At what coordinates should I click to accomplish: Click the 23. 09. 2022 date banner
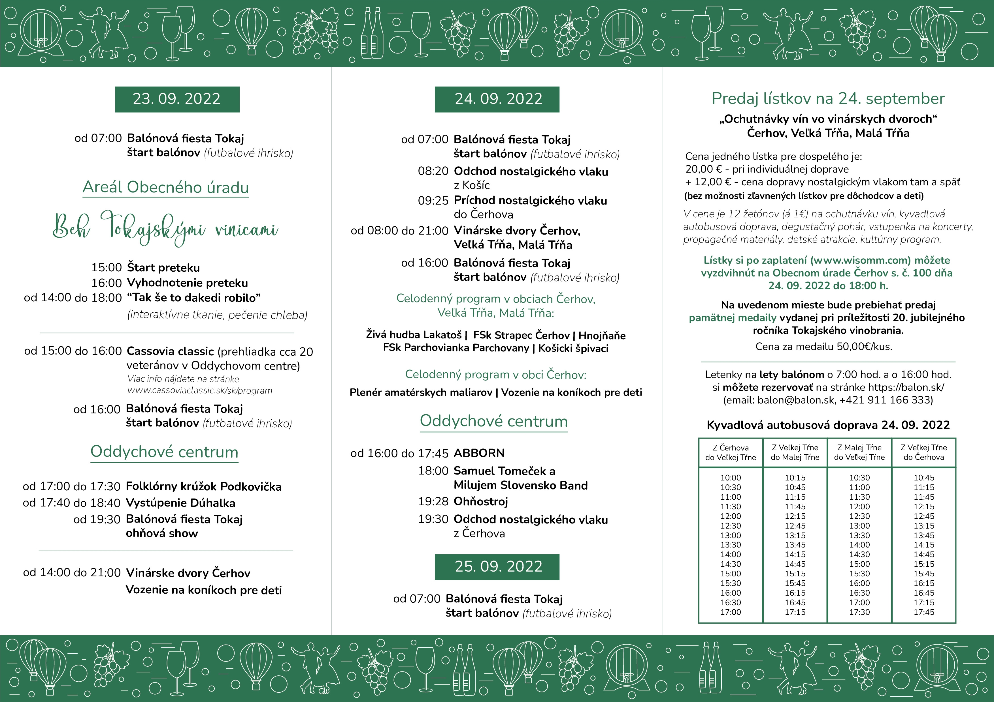click(177, 99)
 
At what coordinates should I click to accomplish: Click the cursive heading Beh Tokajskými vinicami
click(165, 228)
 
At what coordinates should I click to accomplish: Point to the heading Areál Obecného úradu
click(165, 187)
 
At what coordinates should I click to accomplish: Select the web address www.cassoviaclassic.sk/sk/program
click(200, 390)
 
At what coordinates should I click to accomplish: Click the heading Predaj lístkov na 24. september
click(828, 99)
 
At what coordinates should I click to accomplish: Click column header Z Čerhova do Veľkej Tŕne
click(730, 452)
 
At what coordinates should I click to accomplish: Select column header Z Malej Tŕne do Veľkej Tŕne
click(859, 452)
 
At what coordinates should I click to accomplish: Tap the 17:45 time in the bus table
click(924, 612)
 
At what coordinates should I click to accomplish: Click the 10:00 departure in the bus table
click(730, 478)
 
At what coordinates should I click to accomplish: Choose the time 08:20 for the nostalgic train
click(433, 171)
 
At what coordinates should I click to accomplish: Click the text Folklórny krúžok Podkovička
click(203, 487)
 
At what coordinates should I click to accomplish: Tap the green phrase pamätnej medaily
click(733, 318)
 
